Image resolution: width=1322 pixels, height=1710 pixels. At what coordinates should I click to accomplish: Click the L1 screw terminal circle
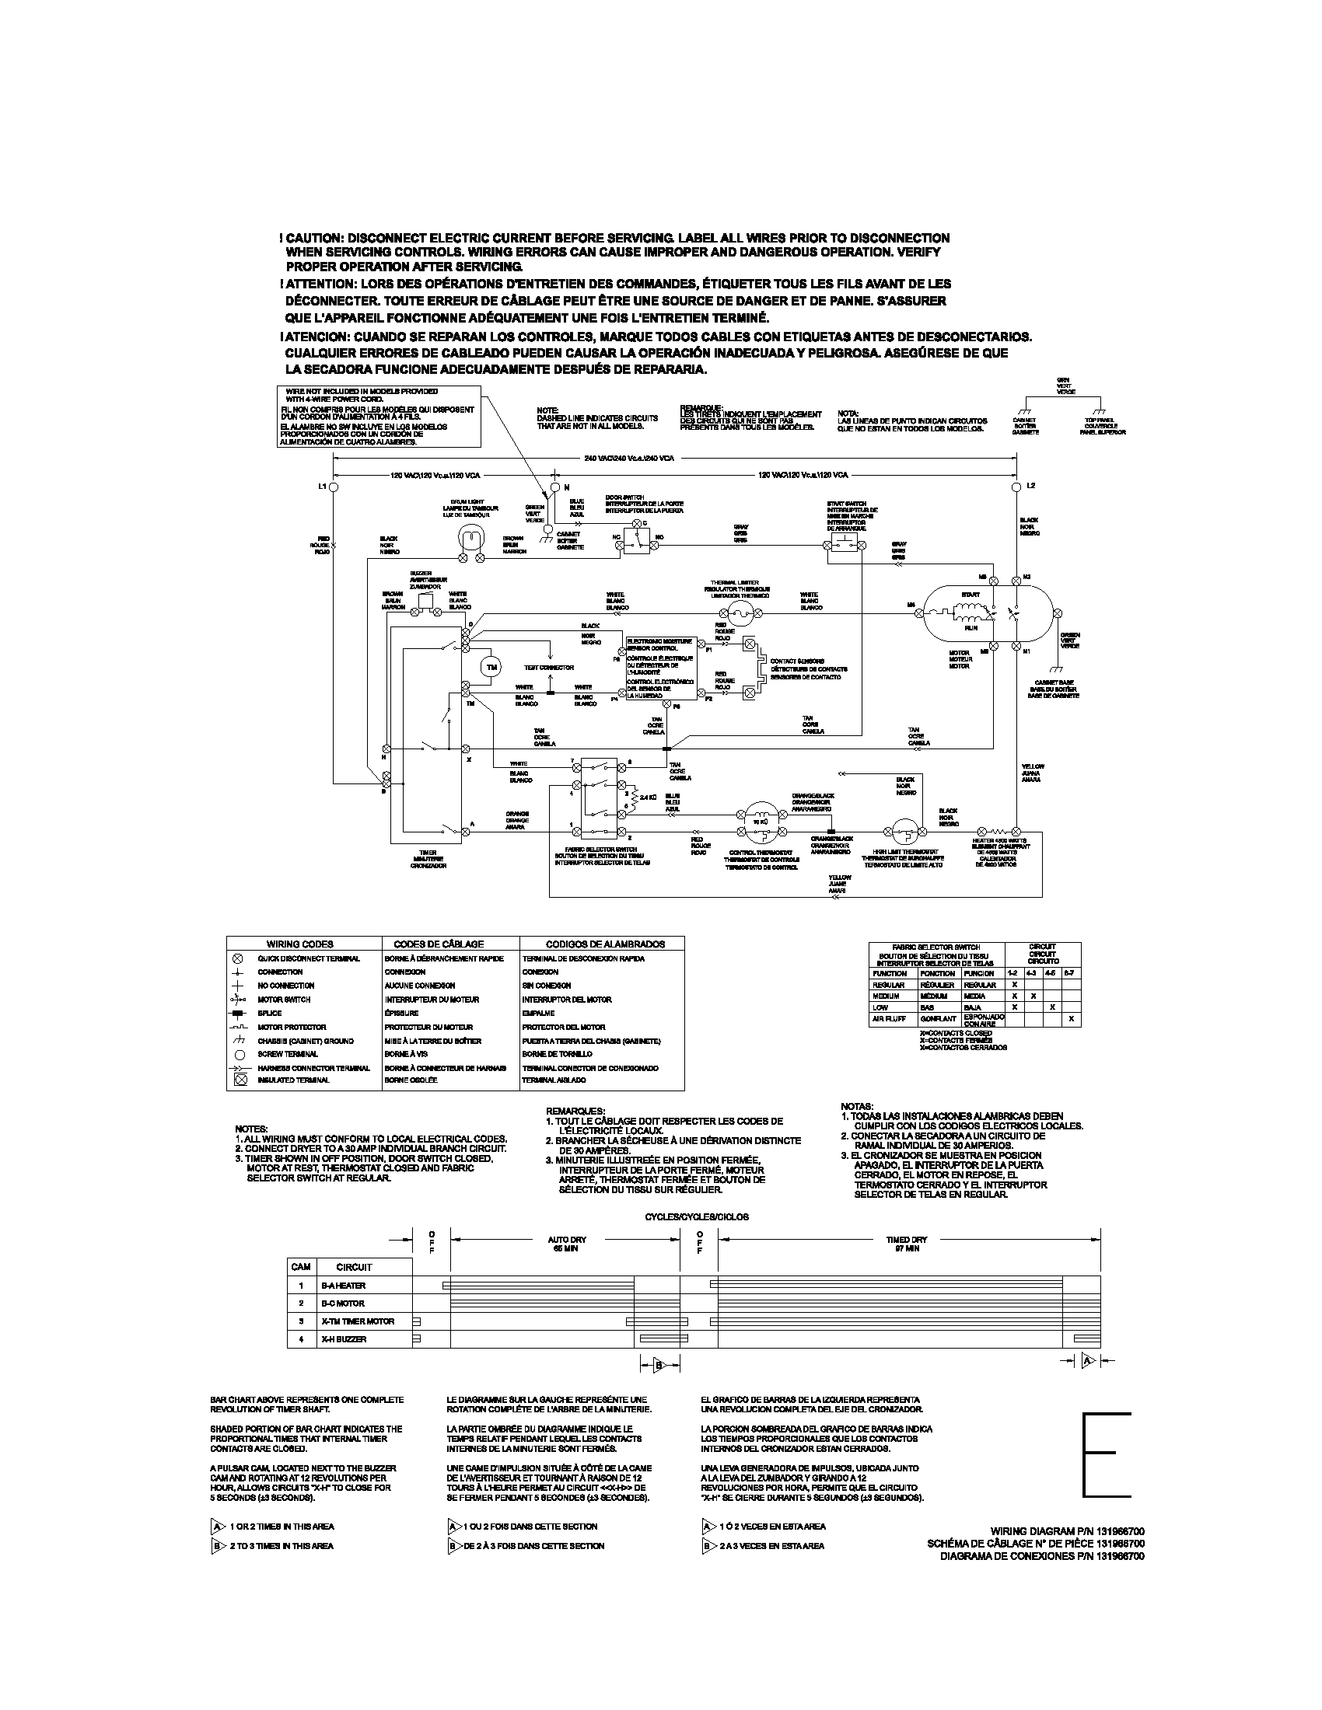pos(333,487)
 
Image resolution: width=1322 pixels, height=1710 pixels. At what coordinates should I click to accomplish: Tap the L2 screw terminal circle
pos(1016,487)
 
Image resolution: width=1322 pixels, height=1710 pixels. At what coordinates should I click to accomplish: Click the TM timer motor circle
pos(491,667)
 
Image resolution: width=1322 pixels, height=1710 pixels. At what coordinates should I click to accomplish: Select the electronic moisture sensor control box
pos(660,667)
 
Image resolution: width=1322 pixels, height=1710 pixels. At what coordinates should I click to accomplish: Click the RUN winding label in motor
pos(971,628)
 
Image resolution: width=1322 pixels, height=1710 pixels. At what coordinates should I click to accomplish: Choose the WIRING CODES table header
pos(300,944)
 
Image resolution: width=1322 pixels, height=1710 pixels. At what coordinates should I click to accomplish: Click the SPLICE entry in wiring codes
pos(269,1013)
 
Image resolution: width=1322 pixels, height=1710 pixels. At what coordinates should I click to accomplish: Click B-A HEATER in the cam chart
pos(342,1286)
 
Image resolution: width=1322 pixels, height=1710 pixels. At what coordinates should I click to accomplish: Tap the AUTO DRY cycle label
pos(566,1241)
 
